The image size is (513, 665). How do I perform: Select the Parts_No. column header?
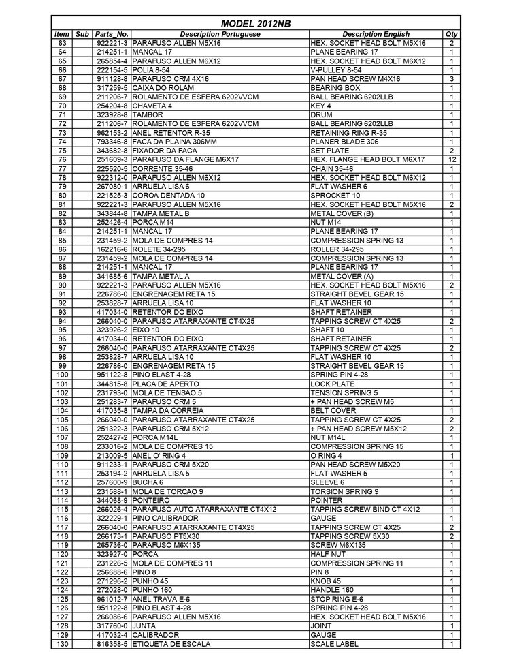click(112, 33)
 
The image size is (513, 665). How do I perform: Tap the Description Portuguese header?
click(220, 33)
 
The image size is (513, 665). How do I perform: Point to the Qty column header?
click(452, 33)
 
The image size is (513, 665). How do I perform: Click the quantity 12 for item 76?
click(452, 159)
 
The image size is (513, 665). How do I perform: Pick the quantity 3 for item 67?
click(452, 78)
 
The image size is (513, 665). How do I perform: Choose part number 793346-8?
click(112, 141)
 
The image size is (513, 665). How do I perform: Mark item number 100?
click(62, 375)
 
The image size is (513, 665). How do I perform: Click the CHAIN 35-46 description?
click(334, 168)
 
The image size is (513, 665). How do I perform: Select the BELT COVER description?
click(333, 411)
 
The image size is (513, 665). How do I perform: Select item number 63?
click(62, 42)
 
